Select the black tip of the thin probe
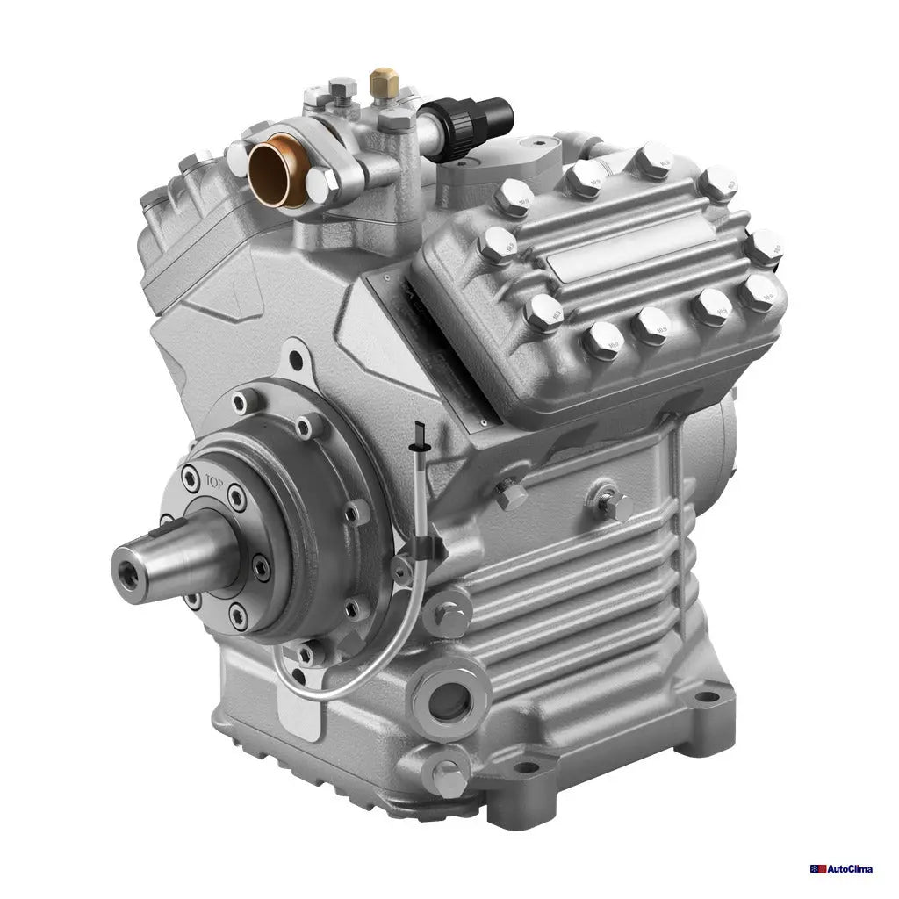421,432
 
